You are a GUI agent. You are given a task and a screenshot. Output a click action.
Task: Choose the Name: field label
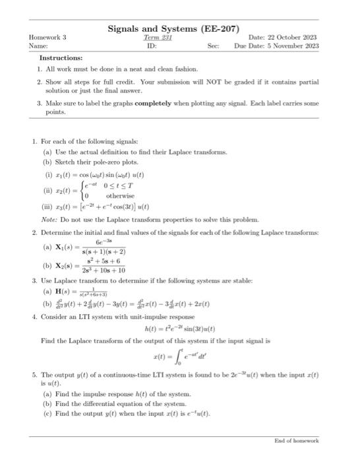point(38,46)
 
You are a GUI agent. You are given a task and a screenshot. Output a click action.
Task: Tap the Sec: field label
point(212,46)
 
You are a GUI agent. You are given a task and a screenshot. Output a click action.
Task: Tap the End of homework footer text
point(296,440)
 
